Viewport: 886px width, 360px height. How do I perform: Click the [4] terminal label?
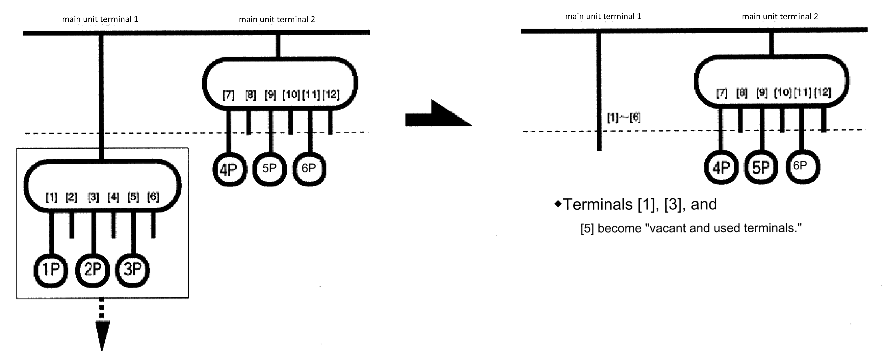tap(113, 197)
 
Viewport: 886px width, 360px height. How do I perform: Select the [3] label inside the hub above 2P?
tap(93, 197)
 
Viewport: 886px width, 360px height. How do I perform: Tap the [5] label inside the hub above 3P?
tap(133, 197)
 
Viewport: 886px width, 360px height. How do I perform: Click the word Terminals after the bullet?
tap(598, 205)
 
